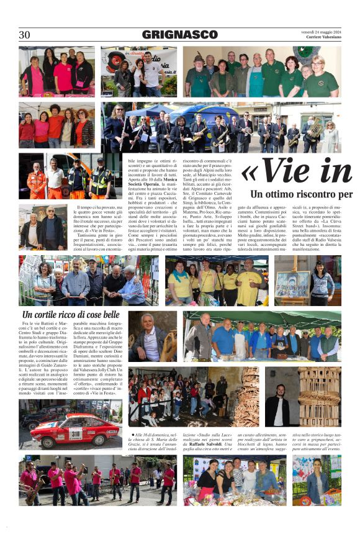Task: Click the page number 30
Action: point(24,35)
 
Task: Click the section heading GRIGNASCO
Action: point(179,35)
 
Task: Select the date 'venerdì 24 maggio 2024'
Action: point(321,31)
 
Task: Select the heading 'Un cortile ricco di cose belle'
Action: point(70,315)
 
